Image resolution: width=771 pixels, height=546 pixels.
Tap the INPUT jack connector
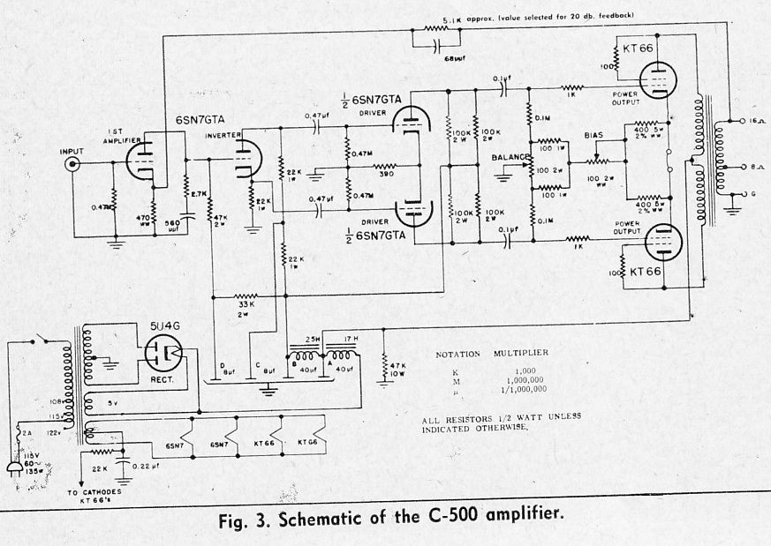pos(70,164)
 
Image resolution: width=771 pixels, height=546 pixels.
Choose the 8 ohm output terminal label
pos(750,165)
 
